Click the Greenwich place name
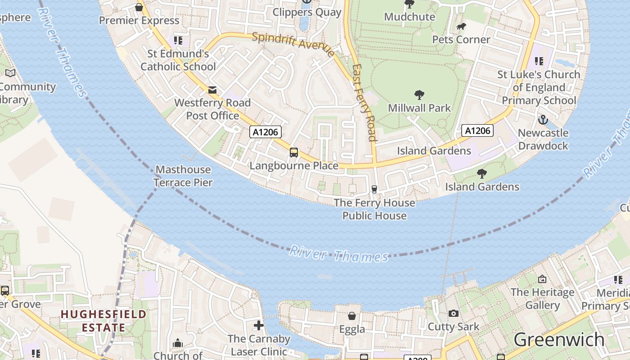click(559, 339)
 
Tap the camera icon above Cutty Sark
click(454, 313)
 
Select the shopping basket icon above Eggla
click(352, 316)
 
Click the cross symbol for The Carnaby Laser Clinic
click(259, 325)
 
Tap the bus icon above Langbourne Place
click(294, 152)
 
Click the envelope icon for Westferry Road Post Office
click(212, 90)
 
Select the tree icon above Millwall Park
click(419, 95)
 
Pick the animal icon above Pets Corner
click(461, 27)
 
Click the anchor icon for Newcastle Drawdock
click(543, 120)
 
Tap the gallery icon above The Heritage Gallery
click(542, 279)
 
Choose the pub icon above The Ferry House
click(374, 189)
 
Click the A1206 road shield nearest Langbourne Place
click(265, 132)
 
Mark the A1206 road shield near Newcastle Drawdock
click(477, 130)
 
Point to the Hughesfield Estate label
click(104, 320)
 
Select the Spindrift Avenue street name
click(293, 44)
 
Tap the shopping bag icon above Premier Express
click(139, 7)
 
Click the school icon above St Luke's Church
click(539, 61)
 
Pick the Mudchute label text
click(409, 17)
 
